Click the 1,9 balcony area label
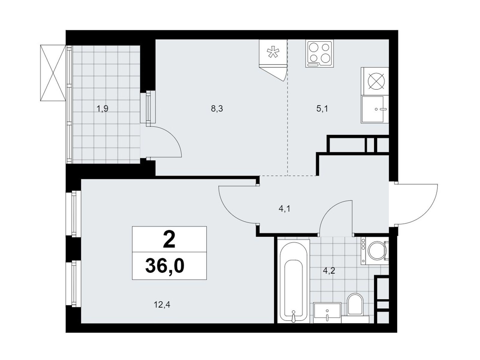point(103,109)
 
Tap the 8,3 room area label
point(217,109)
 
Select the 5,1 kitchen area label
point(322,109)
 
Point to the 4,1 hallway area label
point(284,209)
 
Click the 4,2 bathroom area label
point(329,271)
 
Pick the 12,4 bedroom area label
point(162,304)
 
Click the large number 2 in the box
point(169,240)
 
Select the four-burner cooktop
point(319,54)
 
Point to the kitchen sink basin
point(375,109)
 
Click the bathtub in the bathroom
point(293,281)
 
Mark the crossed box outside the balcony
point(53,73)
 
